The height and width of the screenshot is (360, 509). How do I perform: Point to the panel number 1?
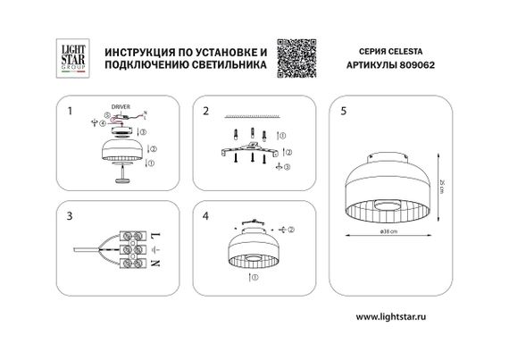click(x=70, y=113)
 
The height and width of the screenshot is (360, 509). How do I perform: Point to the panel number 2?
click(x=205, y=113)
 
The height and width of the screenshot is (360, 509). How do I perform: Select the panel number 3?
click(x=70, y=217)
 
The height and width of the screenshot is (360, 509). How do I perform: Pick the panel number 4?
click(x=205, y=217)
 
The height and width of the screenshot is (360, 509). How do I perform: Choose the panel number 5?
click(x=344, y=113)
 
